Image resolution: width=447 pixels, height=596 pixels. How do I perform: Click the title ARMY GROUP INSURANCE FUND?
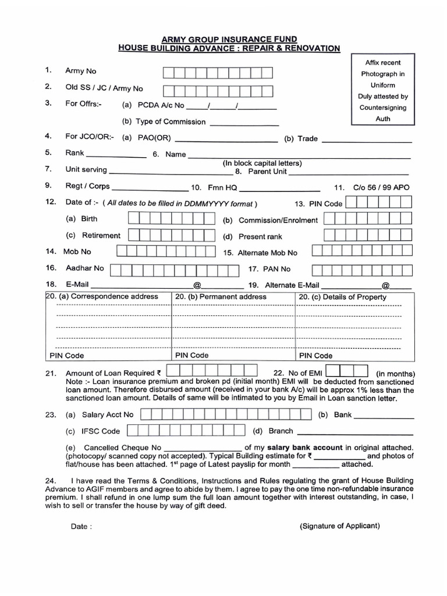click(x=229, y=38)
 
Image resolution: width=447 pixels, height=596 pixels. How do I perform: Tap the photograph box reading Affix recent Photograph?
click(x=383, y=90)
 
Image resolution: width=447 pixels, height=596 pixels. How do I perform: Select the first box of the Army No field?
click(x=168, y=73)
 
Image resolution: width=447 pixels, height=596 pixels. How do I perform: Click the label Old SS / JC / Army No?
click(x=104, y=88)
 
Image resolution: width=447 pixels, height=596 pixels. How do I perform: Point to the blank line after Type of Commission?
click(x=244, y=123)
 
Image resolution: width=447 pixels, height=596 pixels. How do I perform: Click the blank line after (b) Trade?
click(x=366, y=140)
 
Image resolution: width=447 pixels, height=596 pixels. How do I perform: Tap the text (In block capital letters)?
click(x=262, y=163)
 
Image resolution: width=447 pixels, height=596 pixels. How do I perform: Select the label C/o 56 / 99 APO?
click(x=381, y=188)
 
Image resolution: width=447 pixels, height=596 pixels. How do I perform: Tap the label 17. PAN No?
click(x=269, y=269)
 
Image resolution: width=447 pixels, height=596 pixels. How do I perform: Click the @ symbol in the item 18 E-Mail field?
click(x=197, y=285)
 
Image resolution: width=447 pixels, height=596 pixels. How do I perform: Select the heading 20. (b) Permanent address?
click(x=221, y=297)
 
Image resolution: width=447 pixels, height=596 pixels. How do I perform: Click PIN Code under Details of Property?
click(x=315, y=356)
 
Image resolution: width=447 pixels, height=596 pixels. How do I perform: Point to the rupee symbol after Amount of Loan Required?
click(x=159, y=372)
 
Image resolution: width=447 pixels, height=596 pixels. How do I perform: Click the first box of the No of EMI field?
click(x=332, y=371)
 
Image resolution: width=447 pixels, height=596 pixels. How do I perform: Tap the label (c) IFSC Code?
click(x=93, y=431)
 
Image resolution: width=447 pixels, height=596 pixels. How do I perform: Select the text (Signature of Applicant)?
click(x=340, y=526)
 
